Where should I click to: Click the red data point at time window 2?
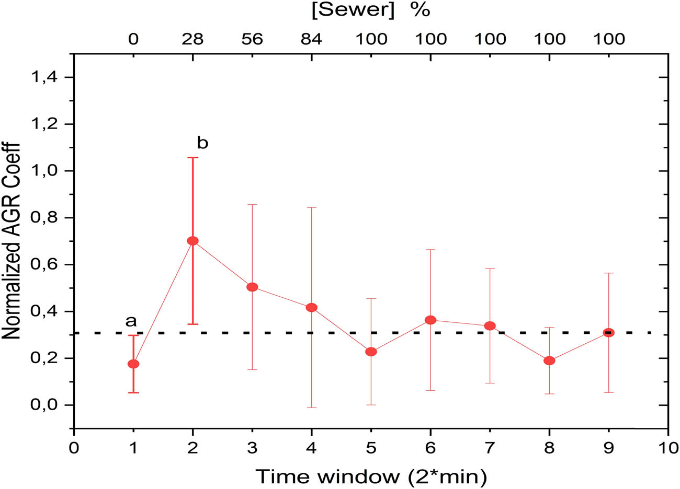click(x=192, y=241)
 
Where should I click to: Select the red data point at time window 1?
click(x=133, y=364)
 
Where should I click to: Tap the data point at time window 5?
click(x=371, y=352)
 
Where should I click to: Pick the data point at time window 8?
click(x=549, y=360)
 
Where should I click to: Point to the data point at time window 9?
click(x=608, y=333)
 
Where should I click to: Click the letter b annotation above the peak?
click(x=202, y=143)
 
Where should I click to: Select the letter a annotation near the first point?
click(x=131, y=321)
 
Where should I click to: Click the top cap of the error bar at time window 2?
click(x=192, y=158)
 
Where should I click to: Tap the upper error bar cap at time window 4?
click(x=312, y=207)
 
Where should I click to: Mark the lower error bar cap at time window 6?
click(x=430, y=390)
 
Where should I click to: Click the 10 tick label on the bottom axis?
click(x=667, y=448)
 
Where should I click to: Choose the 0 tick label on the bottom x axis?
click(x=74, y=448)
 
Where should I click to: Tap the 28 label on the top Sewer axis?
click(x=192, y=40)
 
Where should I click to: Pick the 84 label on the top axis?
click(x=312, y=40)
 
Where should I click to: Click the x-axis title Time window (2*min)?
click(x=371, y=476)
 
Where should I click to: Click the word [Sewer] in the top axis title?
click(x=353, y=10)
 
